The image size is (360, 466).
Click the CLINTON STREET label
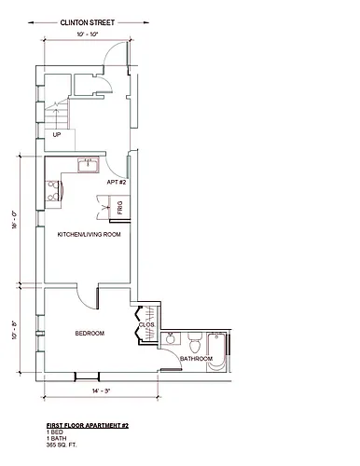(88, 22)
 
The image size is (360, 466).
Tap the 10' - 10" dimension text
(88, 34)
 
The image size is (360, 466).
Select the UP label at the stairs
(57, 135)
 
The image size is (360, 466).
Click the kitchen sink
(89, 165)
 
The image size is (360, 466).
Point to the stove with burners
(53, 190)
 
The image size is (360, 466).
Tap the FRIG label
(120, 208)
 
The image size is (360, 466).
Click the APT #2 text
(117, 182)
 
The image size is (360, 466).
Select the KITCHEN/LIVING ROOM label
(89, 234)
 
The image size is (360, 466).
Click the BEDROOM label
(90, 334)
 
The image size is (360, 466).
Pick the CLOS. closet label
(146, 324)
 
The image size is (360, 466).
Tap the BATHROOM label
(196, 359)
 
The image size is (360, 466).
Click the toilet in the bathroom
(196, 343)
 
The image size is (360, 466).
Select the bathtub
(216, 351)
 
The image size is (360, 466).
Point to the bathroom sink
(171, 338)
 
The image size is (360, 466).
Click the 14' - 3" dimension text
(102, 391)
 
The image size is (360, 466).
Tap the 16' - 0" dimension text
(14, 220)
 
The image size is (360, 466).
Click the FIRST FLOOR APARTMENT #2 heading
(88, 426)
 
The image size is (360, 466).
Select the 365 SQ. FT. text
(62, 445)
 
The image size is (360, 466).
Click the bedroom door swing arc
(84, 301)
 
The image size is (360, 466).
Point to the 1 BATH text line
(56, 438)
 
